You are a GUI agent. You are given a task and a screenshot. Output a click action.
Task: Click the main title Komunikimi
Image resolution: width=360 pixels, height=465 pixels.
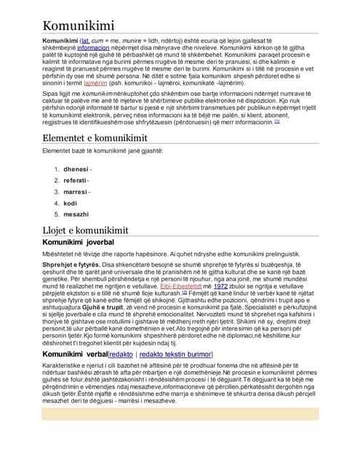84,26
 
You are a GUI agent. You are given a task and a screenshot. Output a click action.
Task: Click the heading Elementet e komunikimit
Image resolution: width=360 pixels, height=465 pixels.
95,138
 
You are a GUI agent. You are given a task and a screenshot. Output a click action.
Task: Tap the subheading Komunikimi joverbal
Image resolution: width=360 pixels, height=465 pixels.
79,241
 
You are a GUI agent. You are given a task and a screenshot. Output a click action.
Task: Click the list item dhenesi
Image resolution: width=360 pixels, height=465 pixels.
78,169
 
